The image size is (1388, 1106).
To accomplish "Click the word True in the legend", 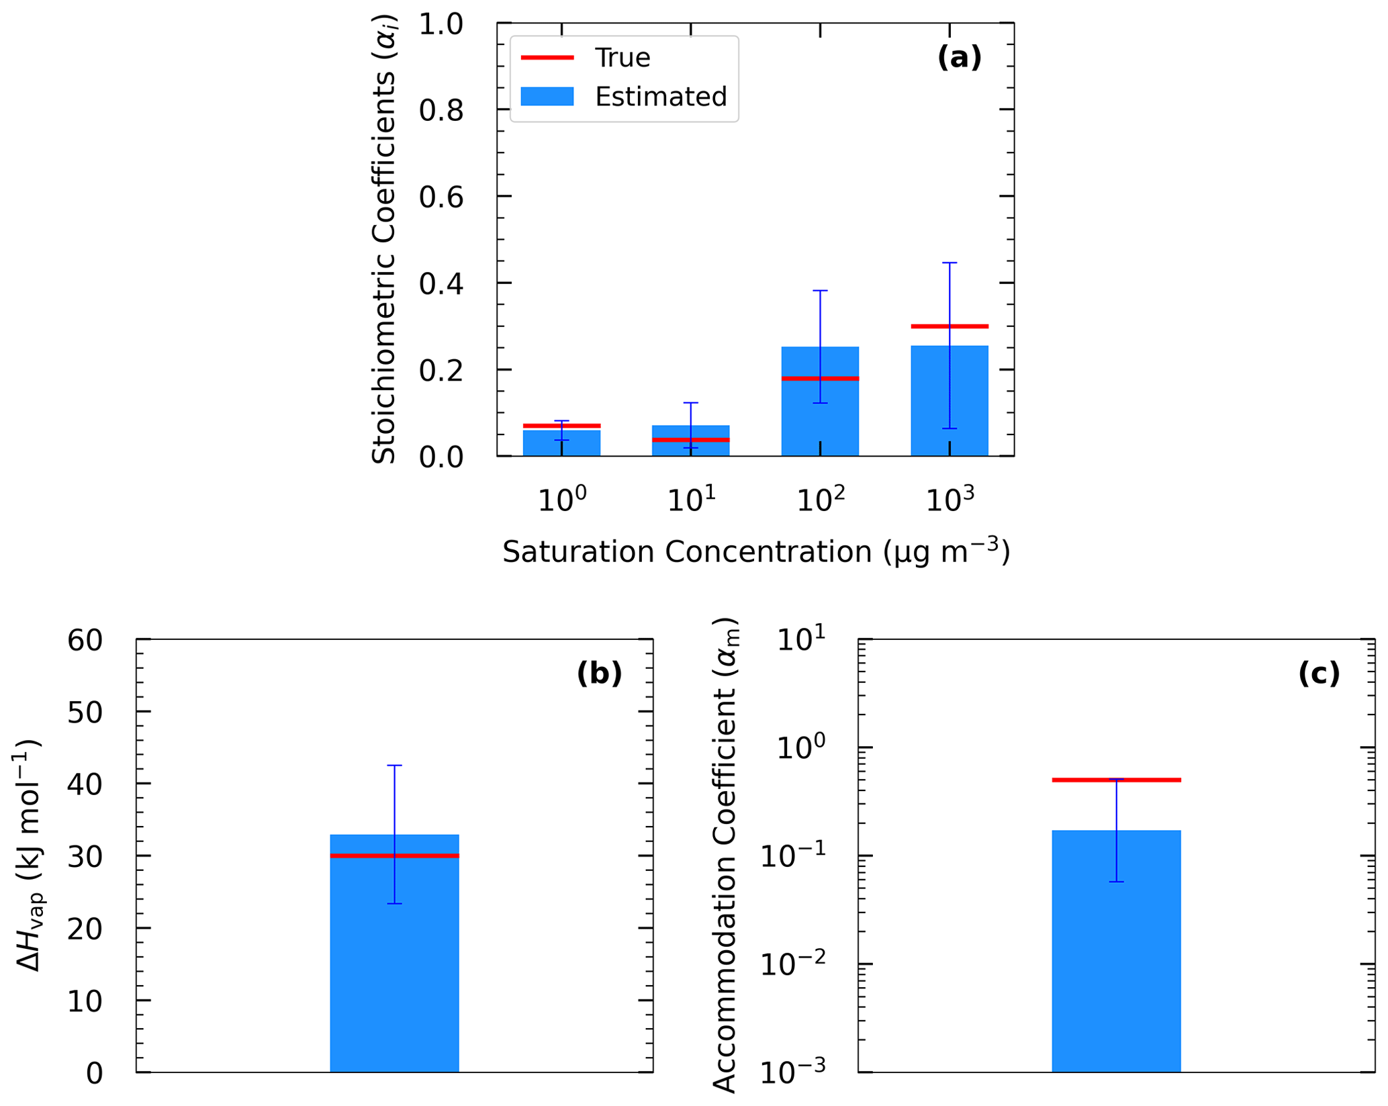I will [622, 58].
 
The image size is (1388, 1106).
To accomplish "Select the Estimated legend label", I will [660, 97].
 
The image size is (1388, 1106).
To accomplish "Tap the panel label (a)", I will [959, 58].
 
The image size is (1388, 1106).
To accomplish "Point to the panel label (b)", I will [599, 674].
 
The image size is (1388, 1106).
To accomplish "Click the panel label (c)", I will [1319, 674].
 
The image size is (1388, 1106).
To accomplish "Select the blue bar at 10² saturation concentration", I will [820, 416].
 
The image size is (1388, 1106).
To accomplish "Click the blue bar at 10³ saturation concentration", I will [950, 403].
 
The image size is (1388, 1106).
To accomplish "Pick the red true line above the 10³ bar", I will [950, 326].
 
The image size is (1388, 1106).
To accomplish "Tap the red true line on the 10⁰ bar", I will [561, 426].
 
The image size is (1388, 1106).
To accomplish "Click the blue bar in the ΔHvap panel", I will [394, 974].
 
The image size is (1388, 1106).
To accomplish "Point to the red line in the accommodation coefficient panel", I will [1116, 780].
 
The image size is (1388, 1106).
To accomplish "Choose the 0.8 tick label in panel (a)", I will [441, 110].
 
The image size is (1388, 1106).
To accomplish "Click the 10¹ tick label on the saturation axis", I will [691, 500].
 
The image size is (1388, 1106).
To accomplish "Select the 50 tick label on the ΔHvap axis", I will [85, 712].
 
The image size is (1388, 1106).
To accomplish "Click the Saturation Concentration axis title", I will [756, 552].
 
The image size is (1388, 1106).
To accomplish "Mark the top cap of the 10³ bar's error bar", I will [950, 263].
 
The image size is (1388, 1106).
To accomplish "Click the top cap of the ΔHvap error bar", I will [394, 766].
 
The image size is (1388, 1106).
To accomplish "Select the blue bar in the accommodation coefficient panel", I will [1116, 960].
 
